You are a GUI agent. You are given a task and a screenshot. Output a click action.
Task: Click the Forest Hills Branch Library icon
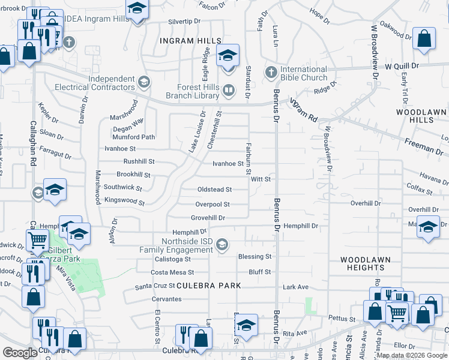click(228, 91)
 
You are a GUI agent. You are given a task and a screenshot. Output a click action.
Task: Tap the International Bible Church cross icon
click(271, 72)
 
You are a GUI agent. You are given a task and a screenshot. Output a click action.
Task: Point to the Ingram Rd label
click(303, 111)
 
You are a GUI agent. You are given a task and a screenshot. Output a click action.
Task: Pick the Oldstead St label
click(214, 190)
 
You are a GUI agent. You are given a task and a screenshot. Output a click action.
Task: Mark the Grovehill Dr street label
click(208, 218)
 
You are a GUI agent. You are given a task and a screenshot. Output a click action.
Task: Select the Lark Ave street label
click(295, 287)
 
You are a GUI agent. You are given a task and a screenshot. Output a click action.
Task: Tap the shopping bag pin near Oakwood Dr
click(424, 38)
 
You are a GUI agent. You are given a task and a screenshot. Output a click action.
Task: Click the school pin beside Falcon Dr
click(137, 8)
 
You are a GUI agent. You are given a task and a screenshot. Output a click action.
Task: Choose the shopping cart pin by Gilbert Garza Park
click(38, 240)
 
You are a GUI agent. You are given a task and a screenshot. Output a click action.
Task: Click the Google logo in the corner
click(20, 353)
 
